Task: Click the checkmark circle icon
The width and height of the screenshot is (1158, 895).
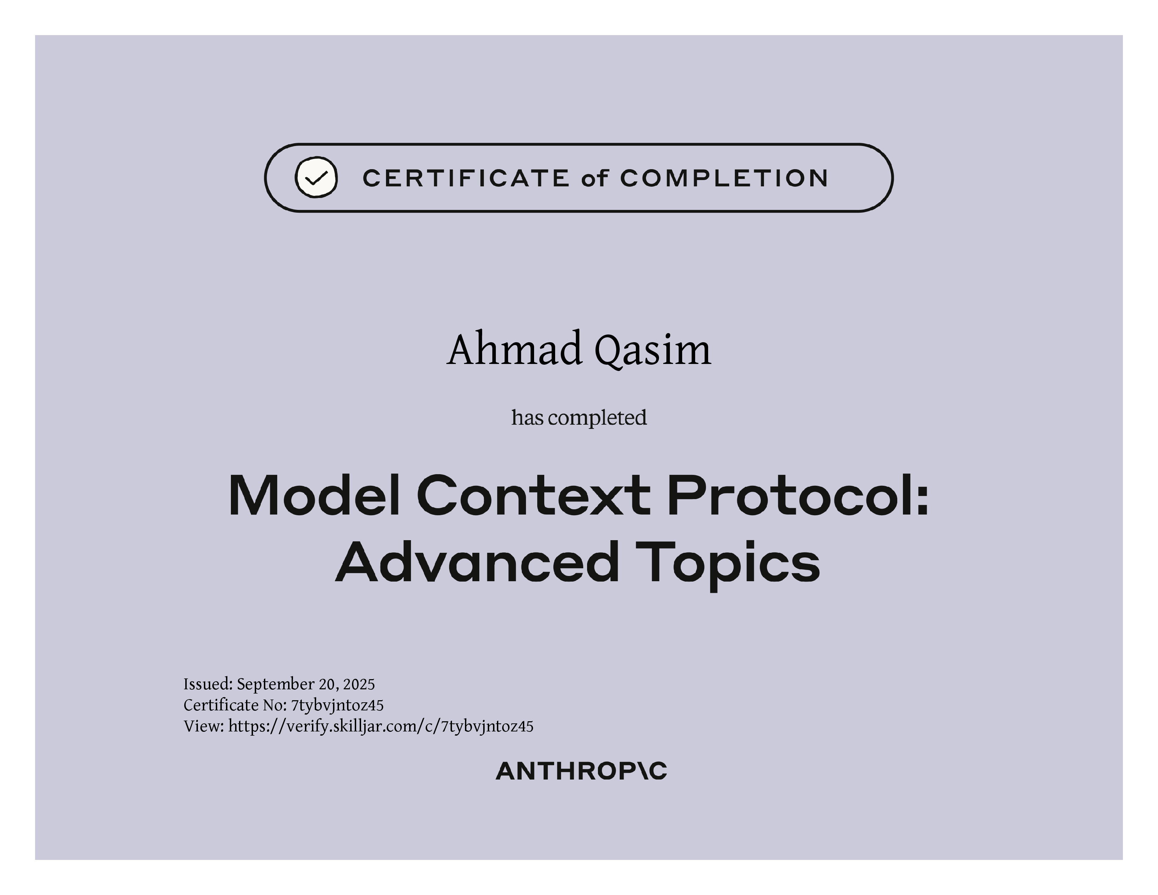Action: click(316, 177)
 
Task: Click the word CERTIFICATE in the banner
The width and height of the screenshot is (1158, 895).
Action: click(466, 178)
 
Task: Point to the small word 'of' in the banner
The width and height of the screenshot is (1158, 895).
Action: click(594, 178)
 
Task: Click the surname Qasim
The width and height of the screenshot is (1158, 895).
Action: click(652, 351)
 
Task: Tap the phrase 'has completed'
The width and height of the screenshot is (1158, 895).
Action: click(579, 418)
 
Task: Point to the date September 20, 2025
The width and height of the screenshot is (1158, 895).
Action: click(306, 684)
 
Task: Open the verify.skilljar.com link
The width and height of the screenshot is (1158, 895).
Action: click(381, 727)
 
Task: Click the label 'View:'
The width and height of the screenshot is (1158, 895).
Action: click(204, 727)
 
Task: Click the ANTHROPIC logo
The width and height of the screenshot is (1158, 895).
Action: click(581, 771)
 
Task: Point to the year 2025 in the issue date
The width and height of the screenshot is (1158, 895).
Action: click(359, 684)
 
